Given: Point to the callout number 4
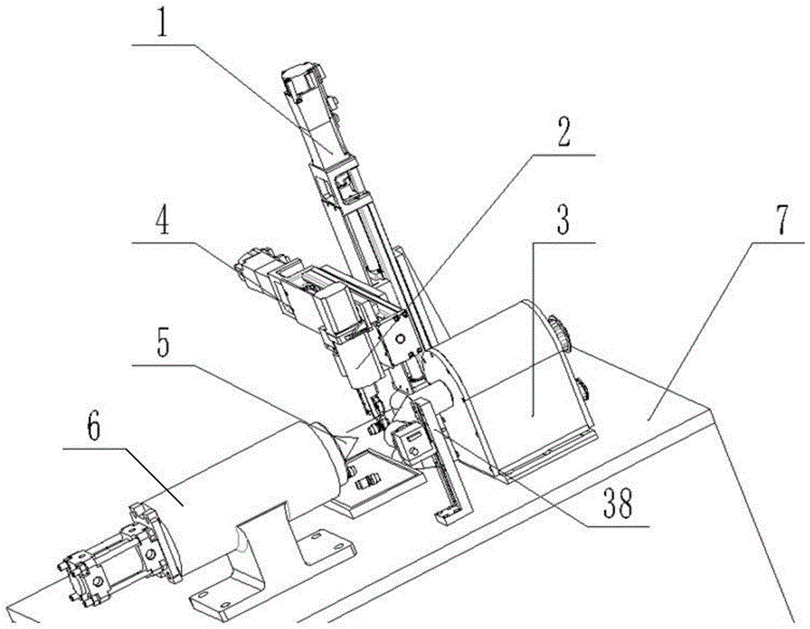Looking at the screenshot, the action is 164,222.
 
